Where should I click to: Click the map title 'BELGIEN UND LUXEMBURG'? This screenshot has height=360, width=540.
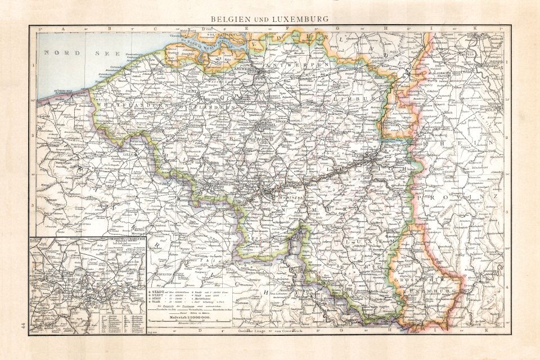pyautogui.click(x=269, y=19)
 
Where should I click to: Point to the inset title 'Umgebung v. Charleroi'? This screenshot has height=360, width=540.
pyautogui.click(x=124, y=239)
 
